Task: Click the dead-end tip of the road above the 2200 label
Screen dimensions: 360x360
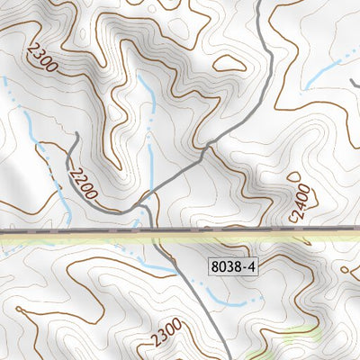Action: [x=76, y=135]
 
